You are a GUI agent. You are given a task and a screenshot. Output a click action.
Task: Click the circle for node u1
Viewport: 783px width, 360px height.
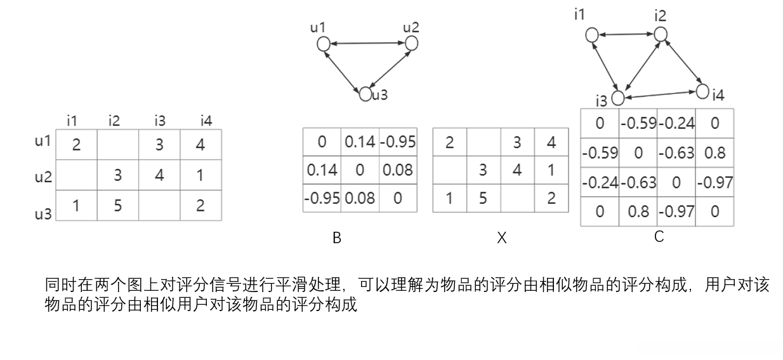click(x=323, y=44)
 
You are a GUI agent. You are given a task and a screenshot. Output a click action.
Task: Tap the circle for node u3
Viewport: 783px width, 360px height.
click(x=365, y=95)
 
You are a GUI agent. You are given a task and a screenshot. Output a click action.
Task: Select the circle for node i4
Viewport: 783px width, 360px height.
click(x=702, y=91)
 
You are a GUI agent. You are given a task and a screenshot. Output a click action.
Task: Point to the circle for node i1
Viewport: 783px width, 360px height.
click(x=591, y=35)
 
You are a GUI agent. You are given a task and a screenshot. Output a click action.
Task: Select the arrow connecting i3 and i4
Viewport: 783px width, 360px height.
click(x=660, y=95)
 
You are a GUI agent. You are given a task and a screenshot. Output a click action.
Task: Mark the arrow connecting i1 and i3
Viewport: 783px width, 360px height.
click(x=605, y=65)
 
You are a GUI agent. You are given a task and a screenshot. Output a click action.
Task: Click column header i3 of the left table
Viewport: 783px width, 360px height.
click(x=159, y=120)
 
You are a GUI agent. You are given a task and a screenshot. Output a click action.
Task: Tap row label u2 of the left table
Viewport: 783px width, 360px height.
click(x=43, y=176)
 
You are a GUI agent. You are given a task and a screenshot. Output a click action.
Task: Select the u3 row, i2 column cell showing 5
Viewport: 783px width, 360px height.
click(x=117, y=206)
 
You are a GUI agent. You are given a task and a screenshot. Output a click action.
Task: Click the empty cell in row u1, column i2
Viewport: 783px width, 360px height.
click(x=117, y=145)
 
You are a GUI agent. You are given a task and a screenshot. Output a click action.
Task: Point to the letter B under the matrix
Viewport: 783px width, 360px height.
click(x=337, y=238)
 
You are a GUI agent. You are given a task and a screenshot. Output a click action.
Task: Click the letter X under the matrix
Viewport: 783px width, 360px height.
click(x=501, y=238)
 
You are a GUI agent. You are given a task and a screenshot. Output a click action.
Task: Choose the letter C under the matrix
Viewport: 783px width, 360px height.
click(x=659, y=237)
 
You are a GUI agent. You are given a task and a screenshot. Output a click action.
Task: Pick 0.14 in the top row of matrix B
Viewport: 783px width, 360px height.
click(x=360, y=142)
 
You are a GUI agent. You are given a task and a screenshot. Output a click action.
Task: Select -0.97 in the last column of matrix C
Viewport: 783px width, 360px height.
click(x=715, y=183)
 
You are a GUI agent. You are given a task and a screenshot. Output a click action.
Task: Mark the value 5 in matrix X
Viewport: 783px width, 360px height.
click(x=483, y=199)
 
